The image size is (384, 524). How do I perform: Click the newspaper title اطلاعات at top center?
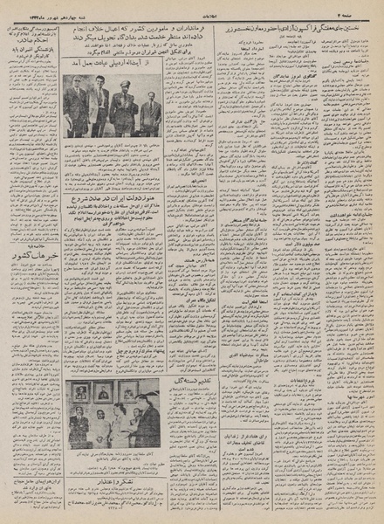click(x=194, y=6)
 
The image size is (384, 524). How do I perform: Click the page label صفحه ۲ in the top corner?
click(x=360, y=7)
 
